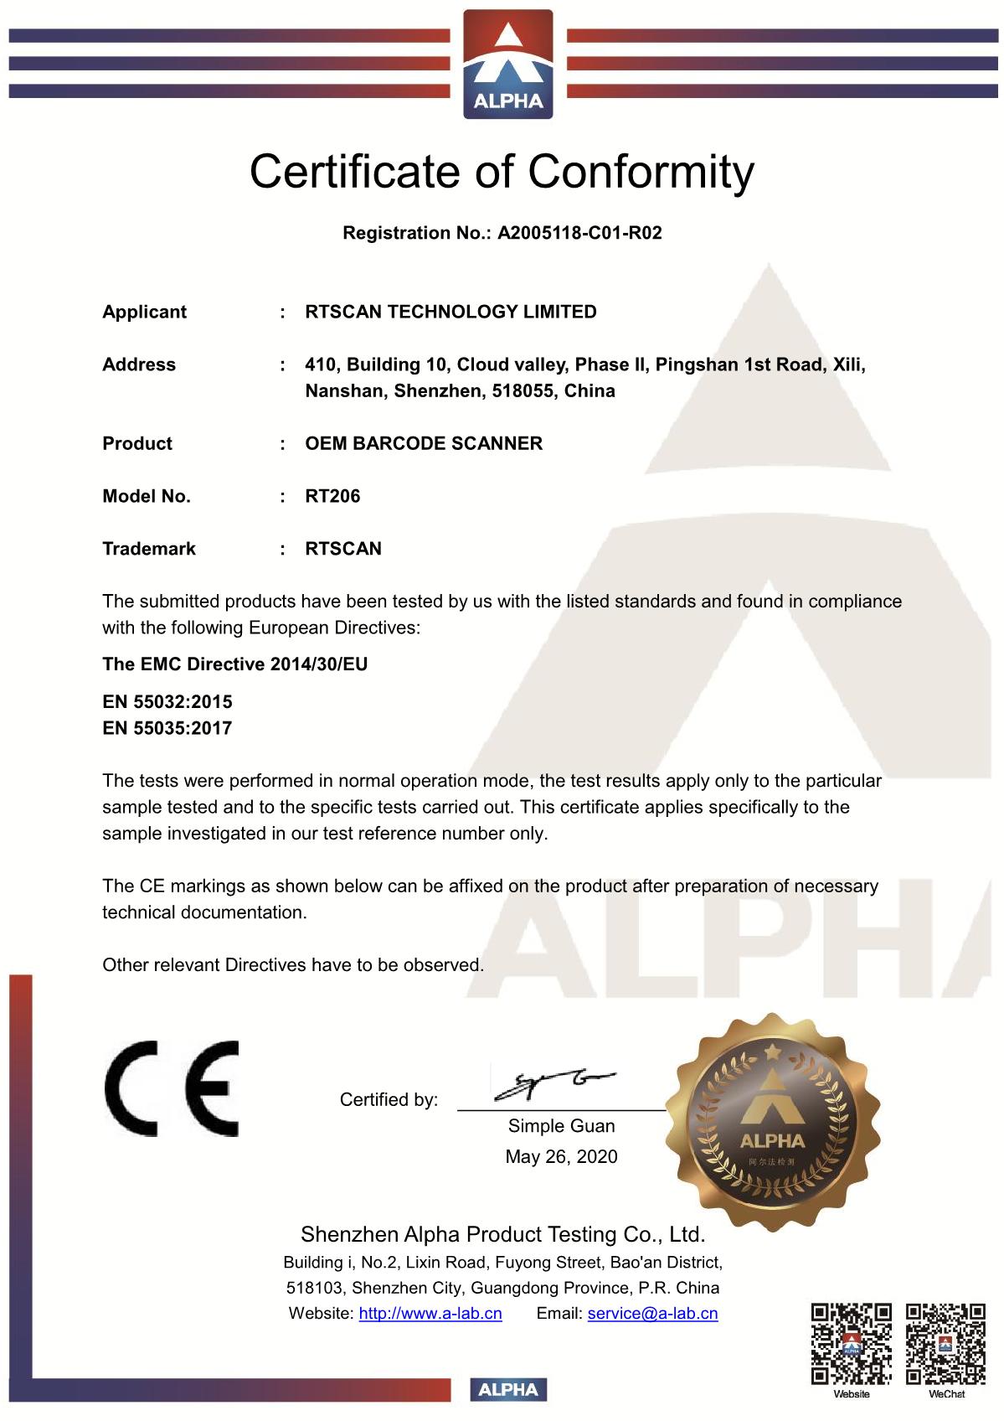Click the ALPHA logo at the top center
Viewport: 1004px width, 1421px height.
tap(508, 64)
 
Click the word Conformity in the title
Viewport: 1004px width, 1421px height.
tap(641, 172)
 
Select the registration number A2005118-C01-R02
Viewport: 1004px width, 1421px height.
tap(579, 233)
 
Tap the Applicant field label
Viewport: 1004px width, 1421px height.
tap(144, 312)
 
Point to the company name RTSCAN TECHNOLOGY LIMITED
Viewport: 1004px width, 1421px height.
tap(451, 312)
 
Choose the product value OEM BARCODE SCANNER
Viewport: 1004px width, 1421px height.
tap(424, 443)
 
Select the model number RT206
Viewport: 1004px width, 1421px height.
tap(332, 496)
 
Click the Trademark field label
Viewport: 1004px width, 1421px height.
tap(148, 549)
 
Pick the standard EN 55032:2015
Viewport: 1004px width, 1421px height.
tap(167, 702)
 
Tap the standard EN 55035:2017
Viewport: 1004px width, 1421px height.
tap(167, 728)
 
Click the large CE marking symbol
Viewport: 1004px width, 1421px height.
tap(172, 1088)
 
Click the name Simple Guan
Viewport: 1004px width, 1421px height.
tap(561, 1126)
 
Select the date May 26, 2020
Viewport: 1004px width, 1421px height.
tap(561, 1157)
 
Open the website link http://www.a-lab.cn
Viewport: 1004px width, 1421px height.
tap(430, 1314)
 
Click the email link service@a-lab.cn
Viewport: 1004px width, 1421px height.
tap(652, 1314)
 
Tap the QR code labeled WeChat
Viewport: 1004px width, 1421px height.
tap(945, 1344)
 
